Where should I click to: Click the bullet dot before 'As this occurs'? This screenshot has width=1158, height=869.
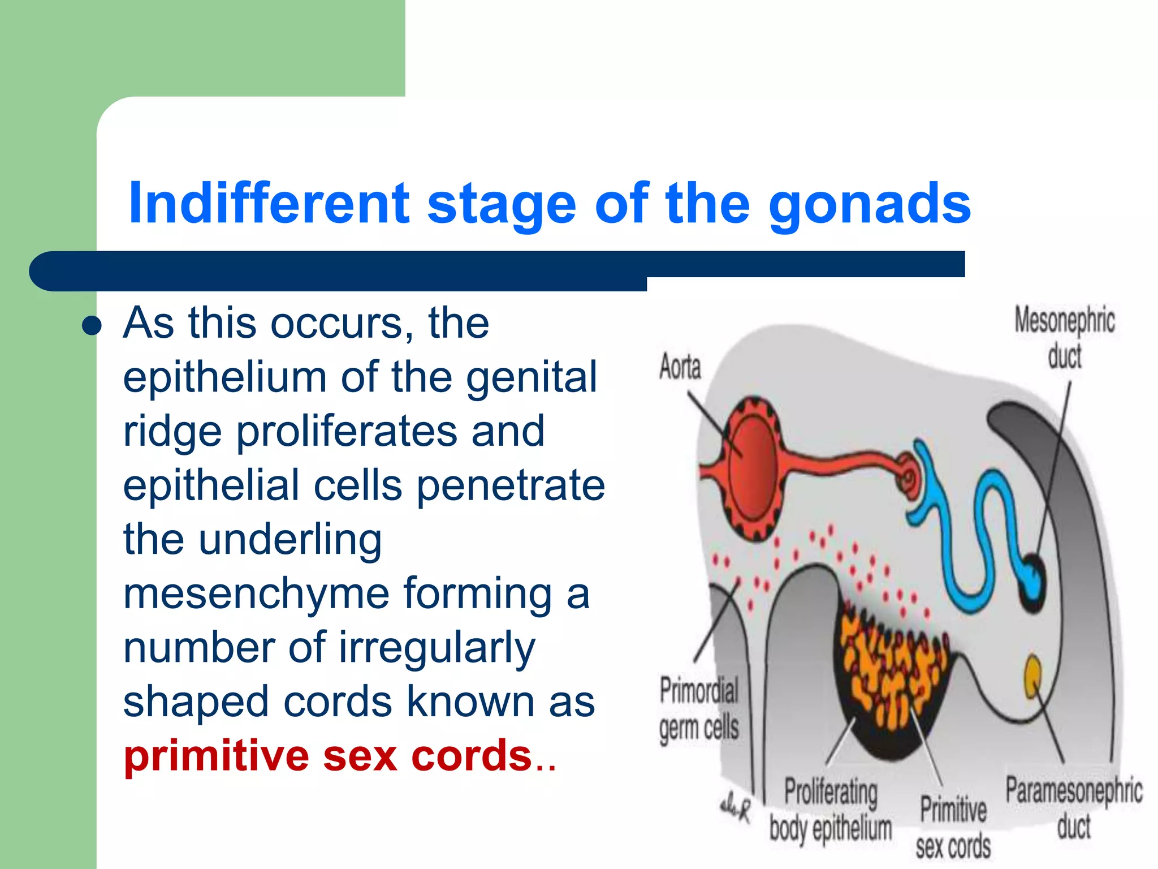coord(91,326)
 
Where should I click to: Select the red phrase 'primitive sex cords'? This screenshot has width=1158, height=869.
coord(328,756)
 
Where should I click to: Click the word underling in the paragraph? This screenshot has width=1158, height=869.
coord(290,540)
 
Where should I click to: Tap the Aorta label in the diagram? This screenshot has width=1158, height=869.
coord(680,367)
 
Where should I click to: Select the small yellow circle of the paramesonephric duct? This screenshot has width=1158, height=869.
coord(1033,674)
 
